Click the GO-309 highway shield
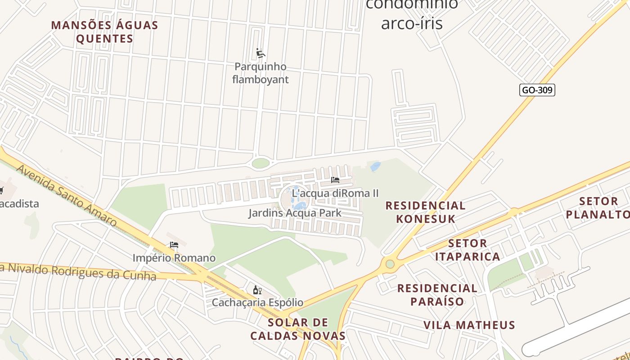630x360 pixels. [537, 90]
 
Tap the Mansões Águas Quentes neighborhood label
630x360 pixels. [104, 31]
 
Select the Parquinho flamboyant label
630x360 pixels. [260, 73]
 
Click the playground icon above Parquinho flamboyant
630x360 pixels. [260, 54]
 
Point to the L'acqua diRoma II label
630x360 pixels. [335, 193]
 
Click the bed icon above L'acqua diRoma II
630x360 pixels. [335, 180]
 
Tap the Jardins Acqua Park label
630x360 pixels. [295, 213]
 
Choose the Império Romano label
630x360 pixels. [174, 258]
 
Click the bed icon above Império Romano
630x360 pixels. [174, 245]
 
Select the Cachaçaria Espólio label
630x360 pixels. [257, 302]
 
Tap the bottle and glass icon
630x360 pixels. [257, 290]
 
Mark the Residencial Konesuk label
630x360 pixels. [425, 212]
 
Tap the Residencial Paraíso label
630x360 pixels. [437, 295]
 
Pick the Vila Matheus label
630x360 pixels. [469, 325]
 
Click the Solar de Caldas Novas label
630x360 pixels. [298, 329]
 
